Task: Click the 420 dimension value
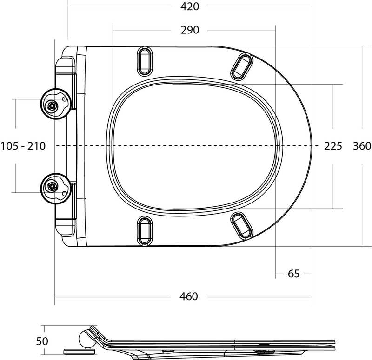pyautogui.click(x=190, y=7)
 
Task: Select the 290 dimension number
pyautogui.click(x=190, y=30)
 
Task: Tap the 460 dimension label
pyautogui.click(x=190, y=296)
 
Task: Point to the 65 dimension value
pyautogui.click(x=294, y=274)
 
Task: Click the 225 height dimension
pyautogui.click(x=333, y=146)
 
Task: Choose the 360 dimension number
pyautogui.click(x=362, y=146)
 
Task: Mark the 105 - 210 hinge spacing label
pyautogui.click(x=23, y=146)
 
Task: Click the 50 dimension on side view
pyautogui.click(x=42, y=341)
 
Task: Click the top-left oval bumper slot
pyautogui.click(x=145, y=59)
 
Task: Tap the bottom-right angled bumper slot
pyautogui.click(x=242, y=225)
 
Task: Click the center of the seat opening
pyautogui.click(x=195, y=146)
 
